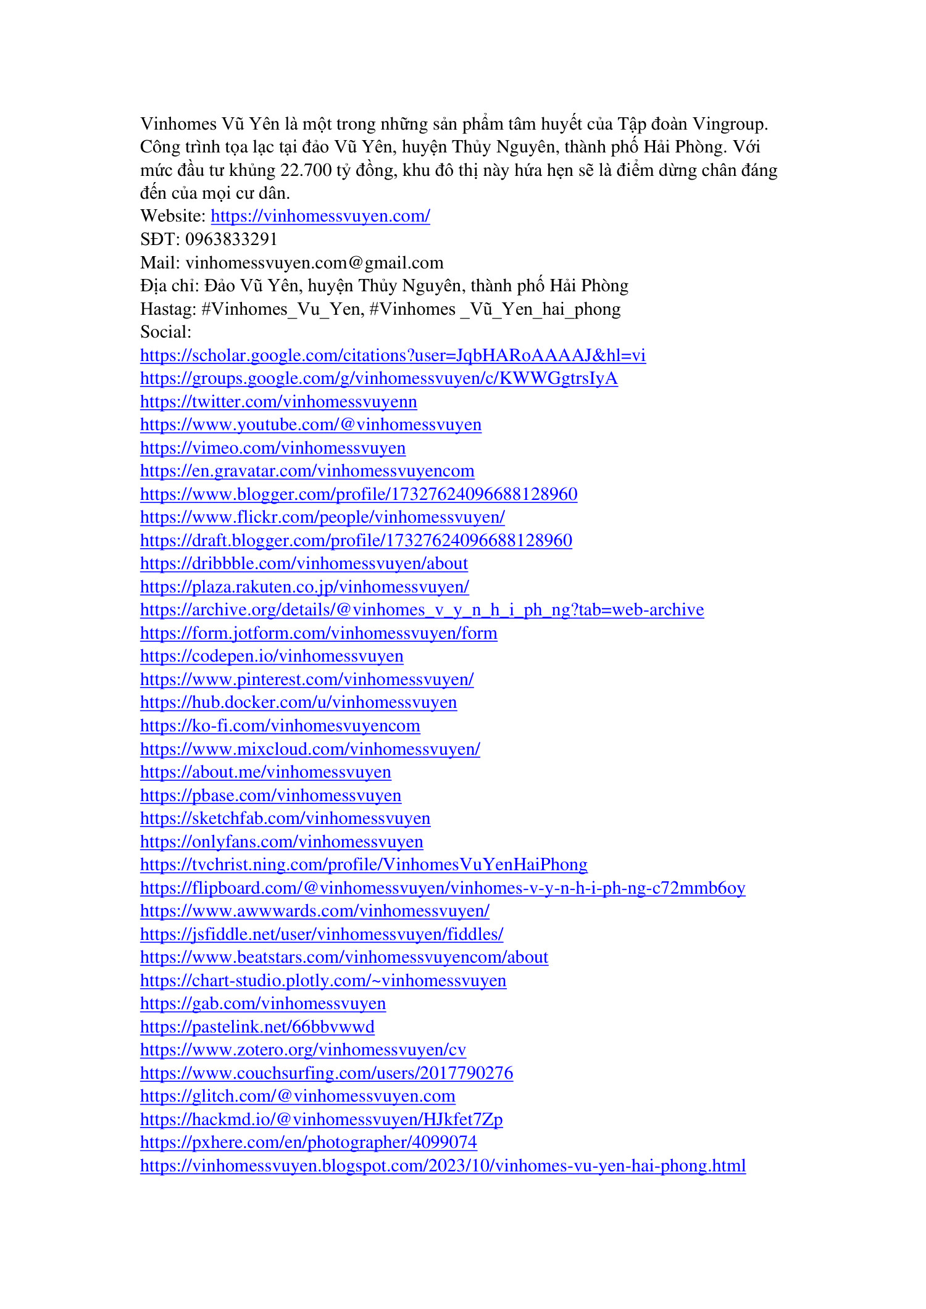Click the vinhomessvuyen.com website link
click(320, 216)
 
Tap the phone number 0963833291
click(231, 239)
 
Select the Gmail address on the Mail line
click(314, 263)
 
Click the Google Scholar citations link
click(393, 355)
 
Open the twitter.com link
click(278, 402)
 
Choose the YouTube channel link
click(311, 425)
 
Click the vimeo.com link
click(273, 448)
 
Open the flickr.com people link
click(322, 517)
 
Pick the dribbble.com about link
click(304, 563)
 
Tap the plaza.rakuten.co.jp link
click(304, 587)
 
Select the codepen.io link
click(272, 656)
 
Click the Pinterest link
click(307, 679)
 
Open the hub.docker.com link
click(298, 702)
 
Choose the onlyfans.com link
click(282, 842)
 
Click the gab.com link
click(263, 1004)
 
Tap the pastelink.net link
click(257, 1027)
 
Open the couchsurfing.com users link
click(327, 1073)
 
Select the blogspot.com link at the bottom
click(443, 1166)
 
